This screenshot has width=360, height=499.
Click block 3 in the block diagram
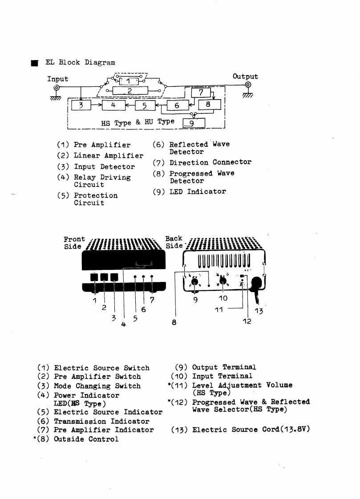[81, 105]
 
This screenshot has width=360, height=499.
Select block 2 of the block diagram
[129, 91]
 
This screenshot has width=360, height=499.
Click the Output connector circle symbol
[248, 86]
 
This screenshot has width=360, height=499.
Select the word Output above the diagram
[245, 76]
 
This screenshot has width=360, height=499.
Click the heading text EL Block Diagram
[80, 63]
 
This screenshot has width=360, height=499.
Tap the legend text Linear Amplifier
[109, 156]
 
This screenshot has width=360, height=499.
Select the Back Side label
[174, 242]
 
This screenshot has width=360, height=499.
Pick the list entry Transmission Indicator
[101, 421]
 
